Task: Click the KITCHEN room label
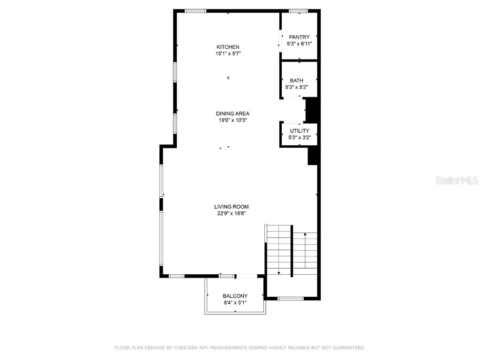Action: tap(228, 47)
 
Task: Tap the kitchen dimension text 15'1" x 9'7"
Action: tap(228, 54)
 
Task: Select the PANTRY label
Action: tap(299, 37)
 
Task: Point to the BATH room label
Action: tap(296, 81)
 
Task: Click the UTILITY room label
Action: tap(299, 131)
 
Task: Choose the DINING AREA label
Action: tap(232, 113)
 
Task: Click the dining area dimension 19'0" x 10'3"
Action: tap(232, 120)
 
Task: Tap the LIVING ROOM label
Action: tap(231, 207)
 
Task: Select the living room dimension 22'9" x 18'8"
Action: tap(231, 214)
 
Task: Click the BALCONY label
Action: tap(235, 296)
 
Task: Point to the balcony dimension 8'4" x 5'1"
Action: tap(235, 303)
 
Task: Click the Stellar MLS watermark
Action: tap(457, 180)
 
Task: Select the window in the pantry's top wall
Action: tap(298, 11)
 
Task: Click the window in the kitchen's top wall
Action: tap(195, 11)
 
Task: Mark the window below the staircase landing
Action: tap(291, 298)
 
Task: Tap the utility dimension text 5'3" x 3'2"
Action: tap(299, 138)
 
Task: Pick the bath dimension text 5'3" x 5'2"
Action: tap(296, 88)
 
